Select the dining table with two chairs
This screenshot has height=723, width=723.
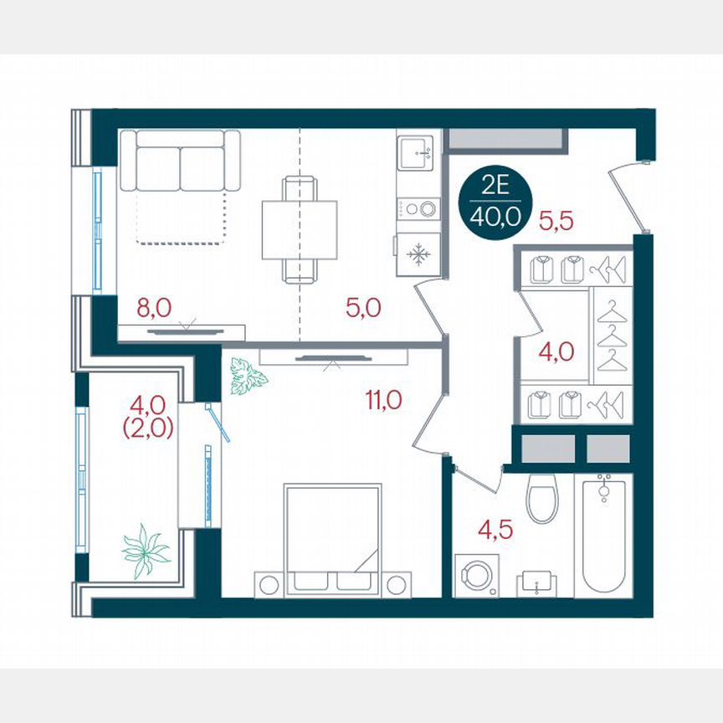pos(299,229)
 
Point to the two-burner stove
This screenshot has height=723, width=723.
pos(418,208)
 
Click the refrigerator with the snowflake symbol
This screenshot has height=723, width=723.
pos(418,252)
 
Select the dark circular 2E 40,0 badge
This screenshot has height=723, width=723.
pos(495,205)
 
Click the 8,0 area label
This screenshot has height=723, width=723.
pos(154,308)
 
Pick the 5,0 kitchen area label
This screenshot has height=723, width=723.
pos(363,308)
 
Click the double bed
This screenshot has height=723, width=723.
pos(333,540)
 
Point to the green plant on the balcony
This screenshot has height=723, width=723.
pos(145,550)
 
